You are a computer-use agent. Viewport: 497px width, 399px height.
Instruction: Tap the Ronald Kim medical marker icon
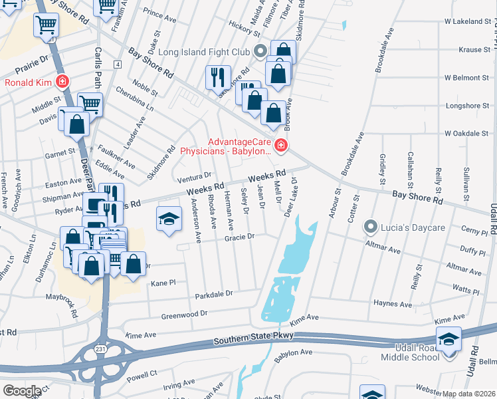tap(62, 82)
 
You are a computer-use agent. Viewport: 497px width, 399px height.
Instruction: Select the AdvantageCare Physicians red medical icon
tap(281, 144)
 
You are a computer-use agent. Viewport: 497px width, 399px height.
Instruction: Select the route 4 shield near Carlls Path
tap(118, 64)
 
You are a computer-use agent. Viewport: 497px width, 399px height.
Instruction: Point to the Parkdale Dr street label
tap(213, 293)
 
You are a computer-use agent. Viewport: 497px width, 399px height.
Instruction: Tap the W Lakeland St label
tap(467, 21)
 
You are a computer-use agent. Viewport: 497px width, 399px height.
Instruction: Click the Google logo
tap(22, 391)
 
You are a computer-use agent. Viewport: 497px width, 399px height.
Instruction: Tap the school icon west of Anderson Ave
tap(169, 218)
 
